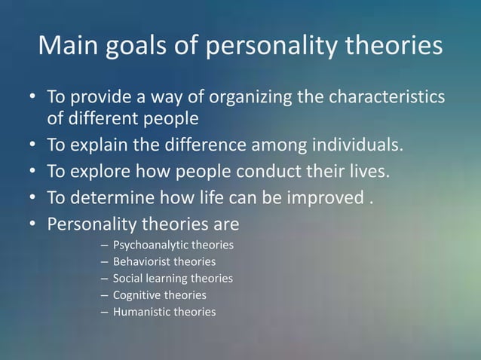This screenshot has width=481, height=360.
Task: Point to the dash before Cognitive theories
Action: point(103,295)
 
